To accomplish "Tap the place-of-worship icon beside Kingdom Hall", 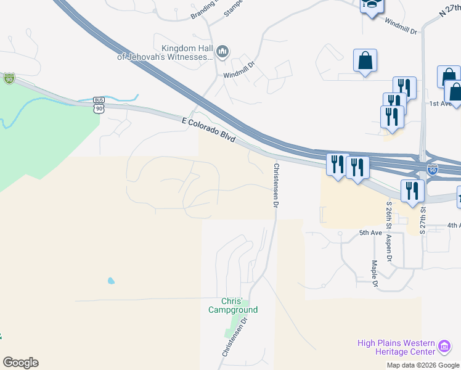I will pyautogui.click(x=223, y=51).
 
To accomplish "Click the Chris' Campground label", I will pyautogui.click(x=232, y=306).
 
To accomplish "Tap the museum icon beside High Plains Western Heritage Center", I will pyautogui.click(x=444, y=347).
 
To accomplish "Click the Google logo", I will pyautogui.click(x=20, y=363).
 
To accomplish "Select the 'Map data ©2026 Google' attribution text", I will pyautogui.click(x=423, y=365).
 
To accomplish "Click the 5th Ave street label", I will pyautogui.click(x=371, y=232).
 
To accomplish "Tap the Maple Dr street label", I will pyautogui.click(x=375, y=273).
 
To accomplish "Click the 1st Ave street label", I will pyautogui.click(x=441, y=104).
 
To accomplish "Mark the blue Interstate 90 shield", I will pyautogui.click(x=433, y=170).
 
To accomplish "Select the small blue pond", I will pyautogui.click(x=111, y=281).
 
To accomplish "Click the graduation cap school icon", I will pyautogui.click(x=372, y=5).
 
